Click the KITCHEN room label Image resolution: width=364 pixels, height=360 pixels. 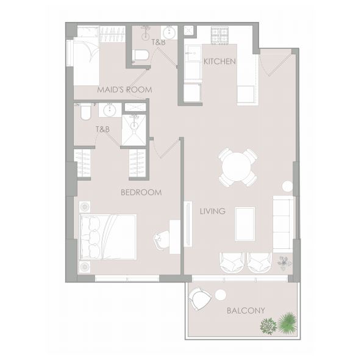click(x=219, y=62)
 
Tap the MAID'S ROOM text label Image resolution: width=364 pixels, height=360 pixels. click(x=124, y=90)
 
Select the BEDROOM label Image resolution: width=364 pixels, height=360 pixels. click(x=141, y=192)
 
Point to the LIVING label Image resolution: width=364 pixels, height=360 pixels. click(x=213, y=211)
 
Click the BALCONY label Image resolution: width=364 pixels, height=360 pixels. click(x=246, y=311)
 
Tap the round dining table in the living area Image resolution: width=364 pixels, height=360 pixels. click(x=237, y=167)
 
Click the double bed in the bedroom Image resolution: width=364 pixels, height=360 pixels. click(x=108, y=237)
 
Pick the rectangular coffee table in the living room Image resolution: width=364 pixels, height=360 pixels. click(x=245, y=224)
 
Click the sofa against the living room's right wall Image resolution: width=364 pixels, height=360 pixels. click(x=283, y=224)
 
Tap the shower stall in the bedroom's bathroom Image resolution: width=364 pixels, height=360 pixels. click(x=134, y=130)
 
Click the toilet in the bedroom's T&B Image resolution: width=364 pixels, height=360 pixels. click(x=85, y=112)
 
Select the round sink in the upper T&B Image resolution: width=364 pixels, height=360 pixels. click(x=170, y=32)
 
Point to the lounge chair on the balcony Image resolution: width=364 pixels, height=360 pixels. click(x=199, y=298)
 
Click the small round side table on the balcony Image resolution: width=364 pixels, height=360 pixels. click(x=220, y=295)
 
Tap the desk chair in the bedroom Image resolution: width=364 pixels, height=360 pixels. click(x=162, y=240)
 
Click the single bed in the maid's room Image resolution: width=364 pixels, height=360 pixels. click(x=87, y=61)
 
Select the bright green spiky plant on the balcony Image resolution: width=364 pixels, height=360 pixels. click(x=287, y=323)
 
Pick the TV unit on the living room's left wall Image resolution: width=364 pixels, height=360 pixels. click(x=188, y=224)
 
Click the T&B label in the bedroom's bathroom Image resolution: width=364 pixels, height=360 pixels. click(x=102, y=129)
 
